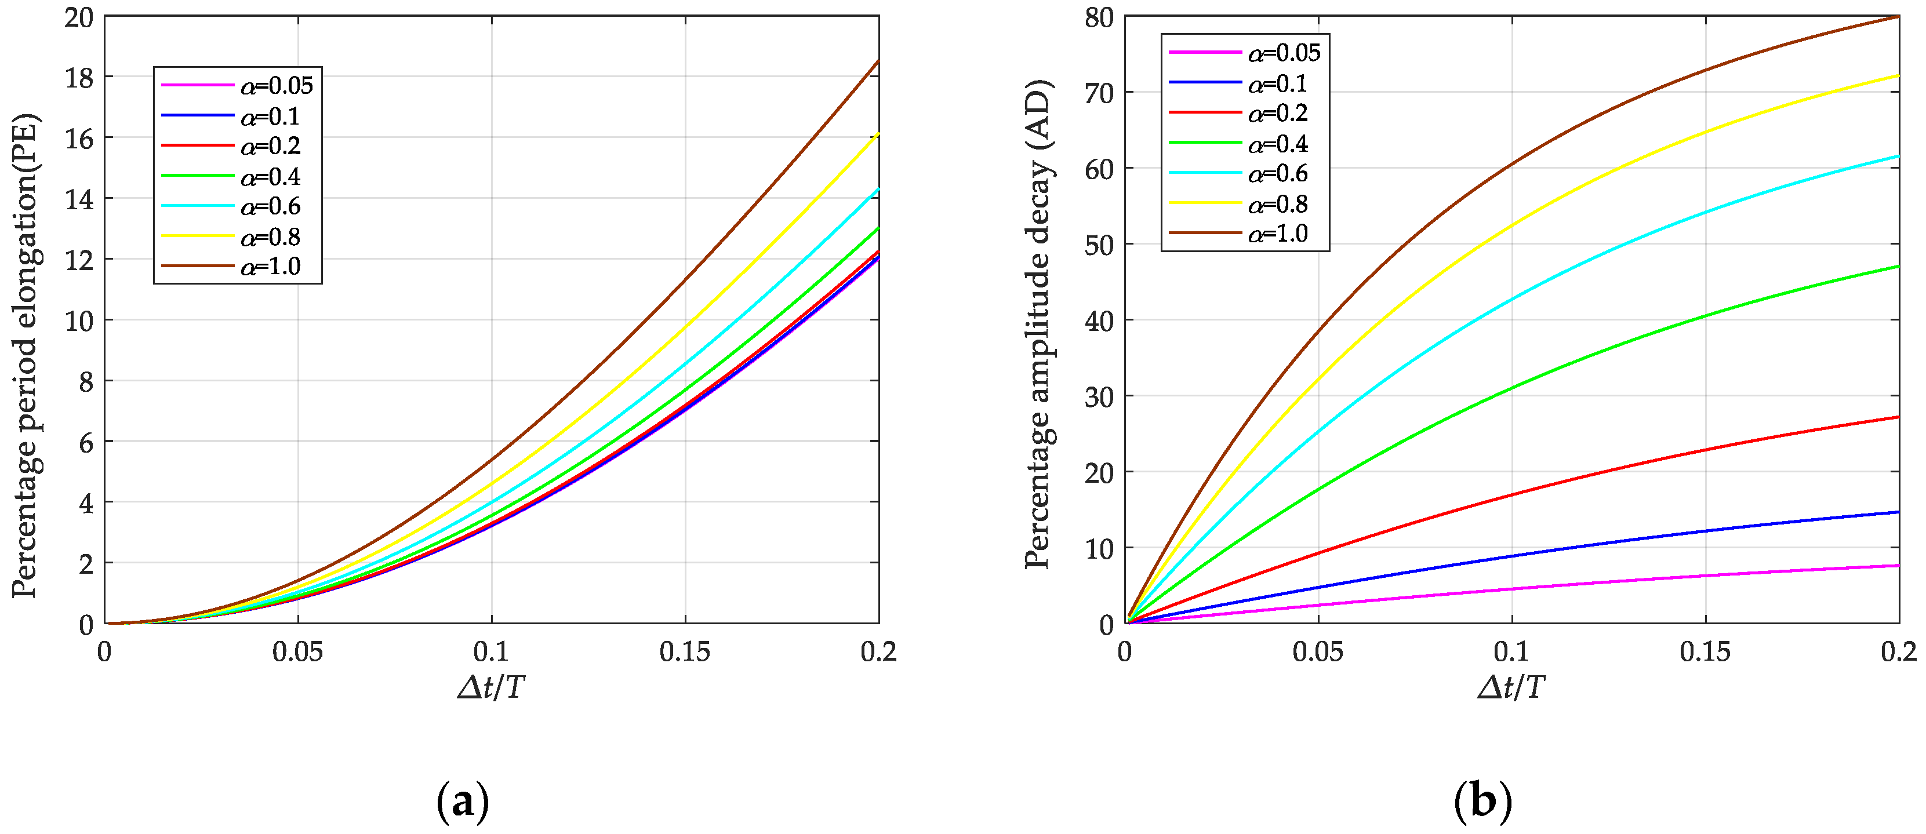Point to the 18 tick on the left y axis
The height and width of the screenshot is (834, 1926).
[x=79, y=78]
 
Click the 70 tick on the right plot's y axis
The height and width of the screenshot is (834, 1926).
[x=1099, y=93]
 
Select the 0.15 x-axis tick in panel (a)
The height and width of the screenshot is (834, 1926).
[x=684, y=651]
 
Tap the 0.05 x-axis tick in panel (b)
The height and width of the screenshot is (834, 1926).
[x=1317, y=651]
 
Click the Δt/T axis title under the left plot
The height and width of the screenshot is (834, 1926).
[x=491, y=687]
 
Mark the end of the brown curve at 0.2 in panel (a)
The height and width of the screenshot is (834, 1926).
[x=878, y=60]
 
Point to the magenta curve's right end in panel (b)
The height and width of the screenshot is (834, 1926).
[x=1898, y=566]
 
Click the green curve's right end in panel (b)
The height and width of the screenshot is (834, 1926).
[x=1898, y=266]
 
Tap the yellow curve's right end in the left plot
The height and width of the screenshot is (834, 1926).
[x=878, y=134]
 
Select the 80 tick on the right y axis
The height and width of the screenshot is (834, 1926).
[x=1099, y=18]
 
